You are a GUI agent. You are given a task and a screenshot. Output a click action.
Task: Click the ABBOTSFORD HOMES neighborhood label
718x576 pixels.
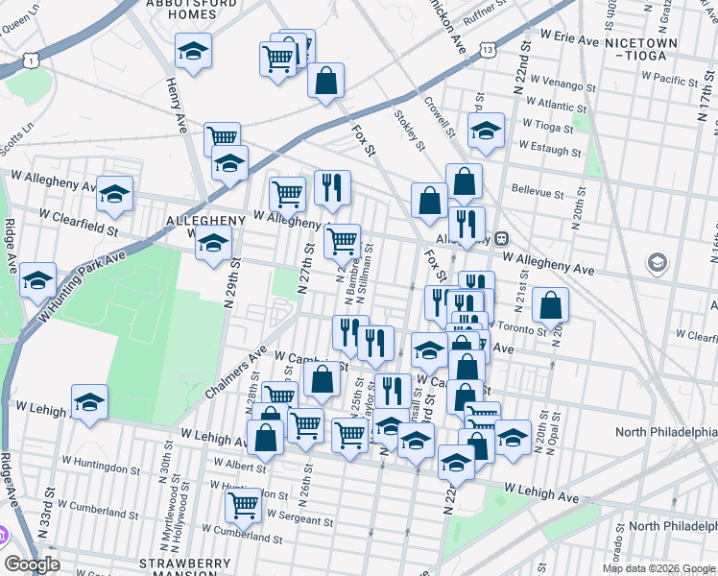tap(192, 10)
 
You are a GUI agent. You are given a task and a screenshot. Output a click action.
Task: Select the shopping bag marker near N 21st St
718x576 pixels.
tap(551, 306)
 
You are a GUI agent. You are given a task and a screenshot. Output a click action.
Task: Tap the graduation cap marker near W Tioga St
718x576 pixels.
tap(487, 131)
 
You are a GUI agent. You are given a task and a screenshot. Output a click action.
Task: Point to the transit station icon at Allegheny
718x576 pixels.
tap(501, 240)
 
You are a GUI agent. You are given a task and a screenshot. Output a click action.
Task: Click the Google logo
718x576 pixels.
tap(33, 564)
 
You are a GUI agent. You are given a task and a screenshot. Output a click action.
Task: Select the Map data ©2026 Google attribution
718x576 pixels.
tap(658, 568)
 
